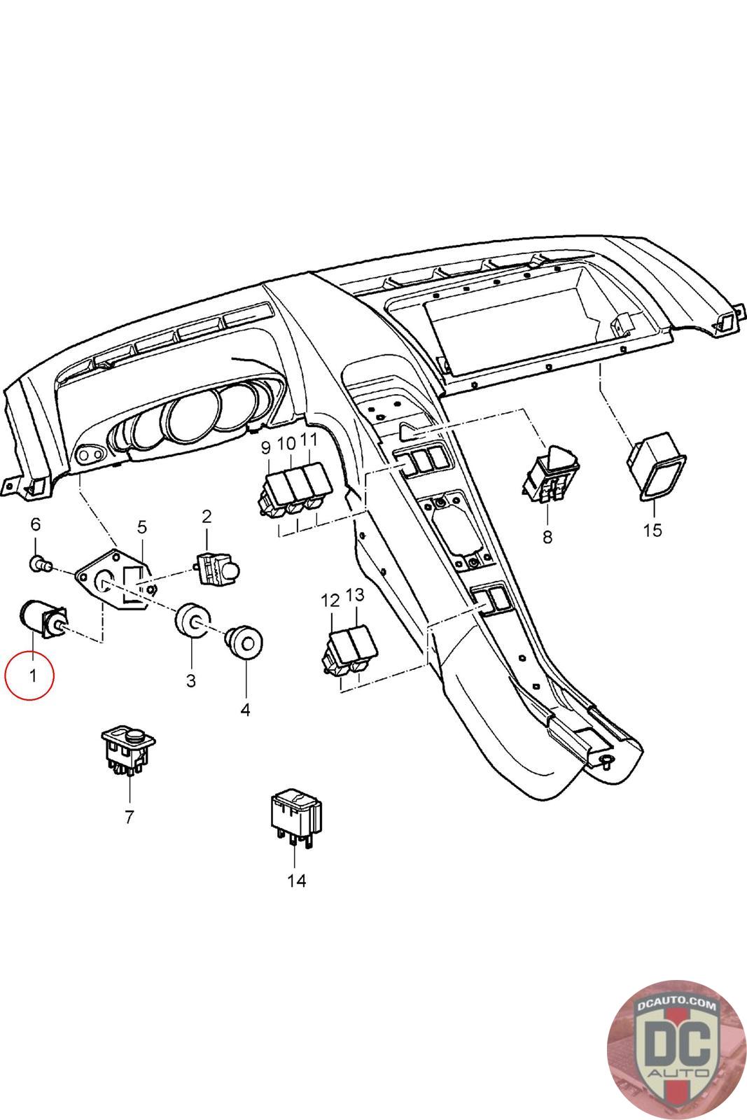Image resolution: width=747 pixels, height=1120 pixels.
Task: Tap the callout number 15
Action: tap(652, 530)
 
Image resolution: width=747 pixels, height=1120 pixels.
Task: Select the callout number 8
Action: tap(547, 537)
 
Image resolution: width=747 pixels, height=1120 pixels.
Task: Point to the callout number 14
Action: tap(297, 881)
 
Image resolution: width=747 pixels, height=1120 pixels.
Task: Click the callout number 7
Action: tap(129, 816)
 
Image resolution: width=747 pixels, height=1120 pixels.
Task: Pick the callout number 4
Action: tap(245, 710)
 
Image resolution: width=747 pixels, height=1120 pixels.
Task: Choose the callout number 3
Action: tap(191, 680)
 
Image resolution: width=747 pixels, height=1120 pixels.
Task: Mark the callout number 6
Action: tap(36, 524)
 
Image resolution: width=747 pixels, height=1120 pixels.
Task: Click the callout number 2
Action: tap(207, 517)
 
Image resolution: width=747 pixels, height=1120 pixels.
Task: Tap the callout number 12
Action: tap(330, 600)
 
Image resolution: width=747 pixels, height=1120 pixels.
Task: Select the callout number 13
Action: tap(355, 595)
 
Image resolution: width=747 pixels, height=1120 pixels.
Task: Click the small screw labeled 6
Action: tap(39, 562)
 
